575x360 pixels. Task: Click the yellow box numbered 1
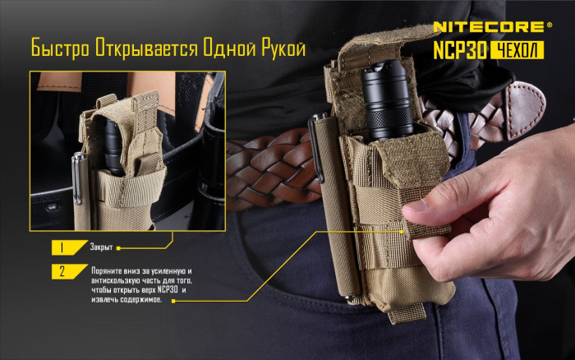point(62,247)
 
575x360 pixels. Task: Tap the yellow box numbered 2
point(62,272)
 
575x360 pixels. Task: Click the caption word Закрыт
point(101,247)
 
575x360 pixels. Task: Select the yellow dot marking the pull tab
point(405,232)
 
